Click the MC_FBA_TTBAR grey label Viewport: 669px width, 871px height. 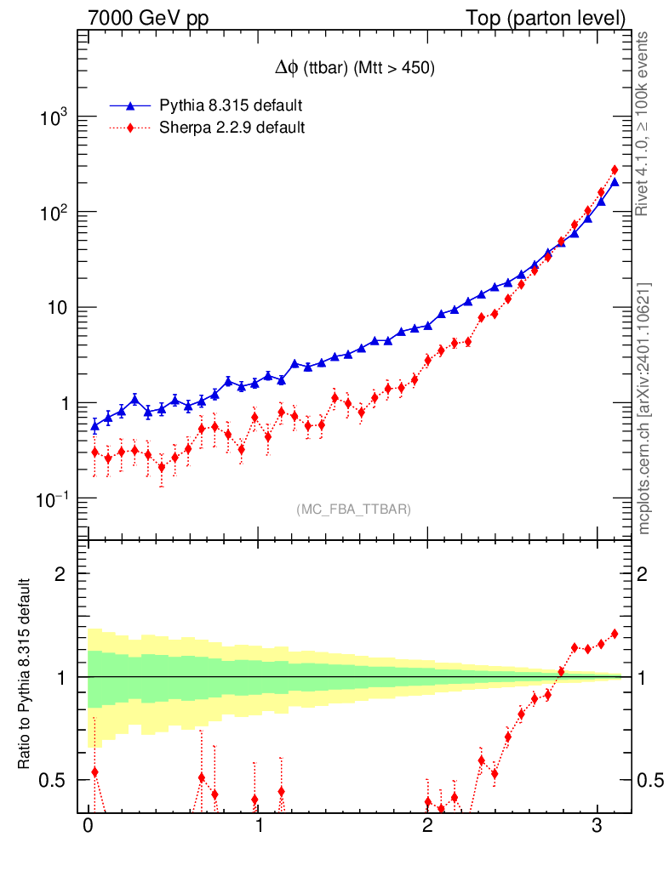[x=353, y=510]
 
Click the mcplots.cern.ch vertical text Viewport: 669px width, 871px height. [x=644, y=407]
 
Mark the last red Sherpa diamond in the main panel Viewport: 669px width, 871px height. [x=615, y=170]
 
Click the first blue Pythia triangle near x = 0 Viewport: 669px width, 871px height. [x=94, y=425]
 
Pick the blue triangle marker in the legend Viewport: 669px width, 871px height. [x=130, y=105]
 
